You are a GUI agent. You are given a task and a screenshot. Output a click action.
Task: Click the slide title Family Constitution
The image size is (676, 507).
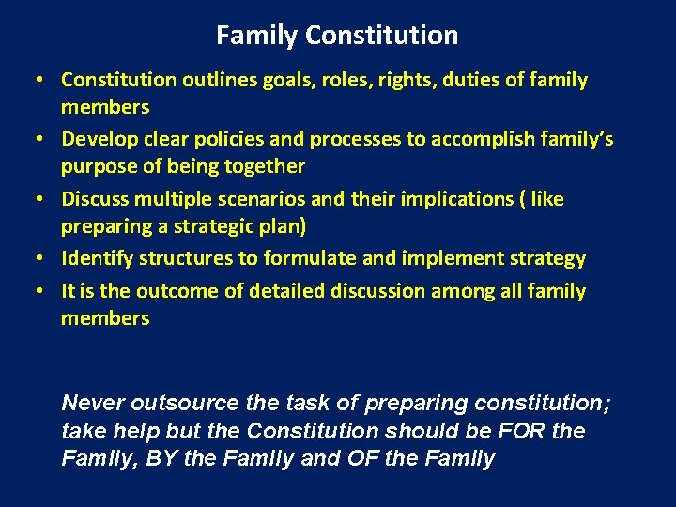click(x=337, y=36)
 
